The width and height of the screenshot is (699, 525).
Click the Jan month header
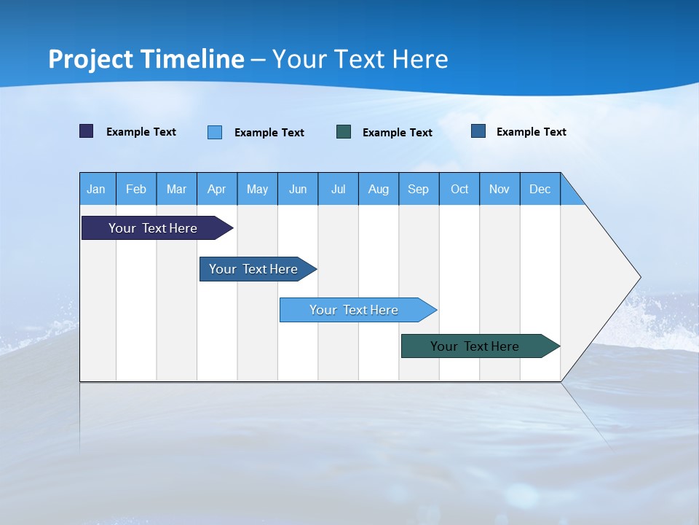point(97,189)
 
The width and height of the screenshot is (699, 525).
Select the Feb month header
point(136,189)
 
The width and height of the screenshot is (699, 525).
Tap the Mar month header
point(176,189)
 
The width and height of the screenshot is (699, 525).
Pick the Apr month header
point(217,189)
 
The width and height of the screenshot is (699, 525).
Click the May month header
point(257,189)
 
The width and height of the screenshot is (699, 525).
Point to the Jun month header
point(298,189)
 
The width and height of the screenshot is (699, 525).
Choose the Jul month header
point(338,189)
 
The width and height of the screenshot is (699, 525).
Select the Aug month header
point(379,189)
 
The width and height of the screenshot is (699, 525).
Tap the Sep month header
point(419,189)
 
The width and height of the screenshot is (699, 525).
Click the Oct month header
point(459,189)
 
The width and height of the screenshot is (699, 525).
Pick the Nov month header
point(499,189)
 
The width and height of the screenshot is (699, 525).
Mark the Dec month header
point(540,189)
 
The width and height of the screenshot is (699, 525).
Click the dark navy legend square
point(87,131)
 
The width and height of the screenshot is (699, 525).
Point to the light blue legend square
point(215,132)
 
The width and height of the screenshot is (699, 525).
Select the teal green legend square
point(344,132)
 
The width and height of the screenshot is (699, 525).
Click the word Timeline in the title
point(192,59)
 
